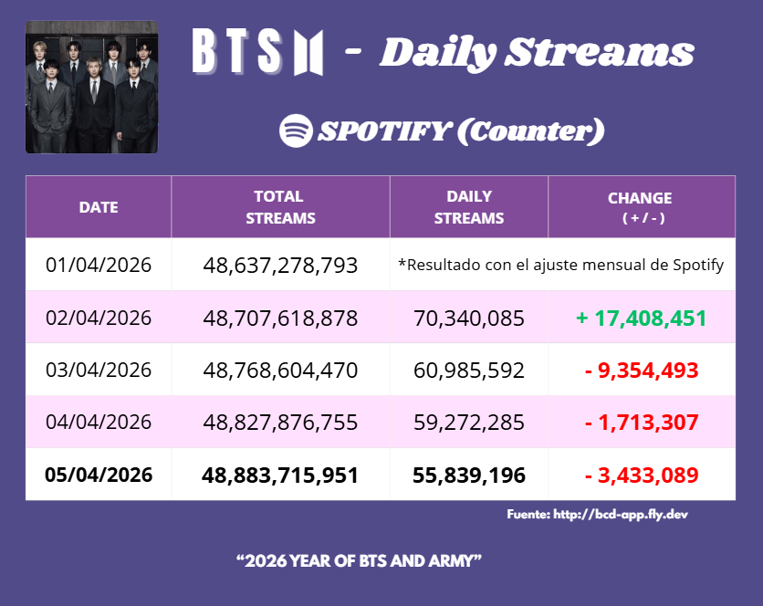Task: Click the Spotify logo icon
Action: [x=296, y=131]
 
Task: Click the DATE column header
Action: [x=99, y=207]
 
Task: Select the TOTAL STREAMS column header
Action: [x=280, y=207]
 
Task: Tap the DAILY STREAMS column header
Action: [x=469, y=207]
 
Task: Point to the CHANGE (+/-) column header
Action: [x=641, y=207]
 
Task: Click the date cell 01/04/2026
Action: [x=99, y=266]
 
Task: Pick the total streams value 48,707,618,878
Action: [x=280, y=319]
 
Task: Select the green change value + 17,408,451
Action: [x=641, y=319]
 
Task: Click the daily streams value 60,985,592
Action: [x=469, y=371]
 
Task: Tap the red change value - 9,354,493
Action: [x=641, y=371]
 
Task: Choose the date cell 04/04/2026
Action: [x=99, y=423]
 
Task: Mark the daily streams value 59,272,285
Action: [x=469, y=423]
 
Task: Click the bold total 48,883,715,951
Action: [x=280, y=475]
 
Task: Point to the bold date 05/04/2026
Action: [x=99, y=475]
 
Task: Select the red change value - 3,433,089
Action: [x=641, y=475]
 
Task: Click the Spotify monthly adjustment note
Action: [x=561, y=266]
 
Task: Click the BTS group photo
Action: [x=91, y=87]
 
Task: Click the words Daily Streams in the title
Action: [x=537, y=53]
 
